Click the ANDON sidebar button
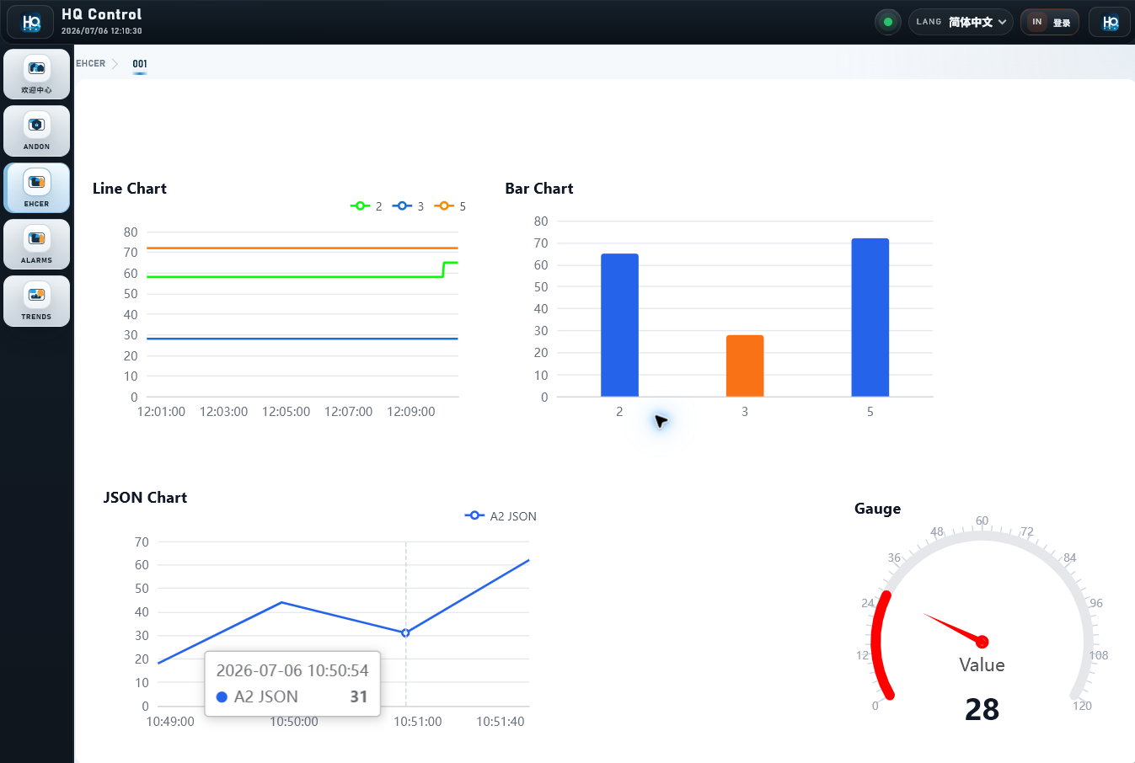point(36,131)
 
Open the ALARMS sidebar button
point(36,244)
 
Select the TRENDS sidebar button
point(36,301)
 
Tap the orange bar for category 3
point(745,365)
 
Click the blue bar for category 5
point(870,317)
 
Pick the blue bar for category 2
point(619,325)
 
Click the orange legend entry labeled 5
point(450,206)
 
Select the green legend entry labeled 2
point(366,206)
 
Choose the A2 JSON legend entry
point(501,516)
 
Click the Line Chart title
point(129,189)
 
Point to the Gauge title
point(877,509)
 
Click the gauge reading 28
point(982,709)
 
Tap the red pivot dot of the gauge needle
point(982,642)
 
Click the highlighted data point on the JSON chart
point(405,632)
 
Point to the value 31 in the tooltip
point(358,696)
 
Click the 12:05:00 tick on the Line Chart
point(286,412)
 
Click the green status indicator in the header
point(888,22)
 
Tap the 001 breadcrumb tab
point(140,64)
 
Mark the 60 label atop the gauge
point(982,520)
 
